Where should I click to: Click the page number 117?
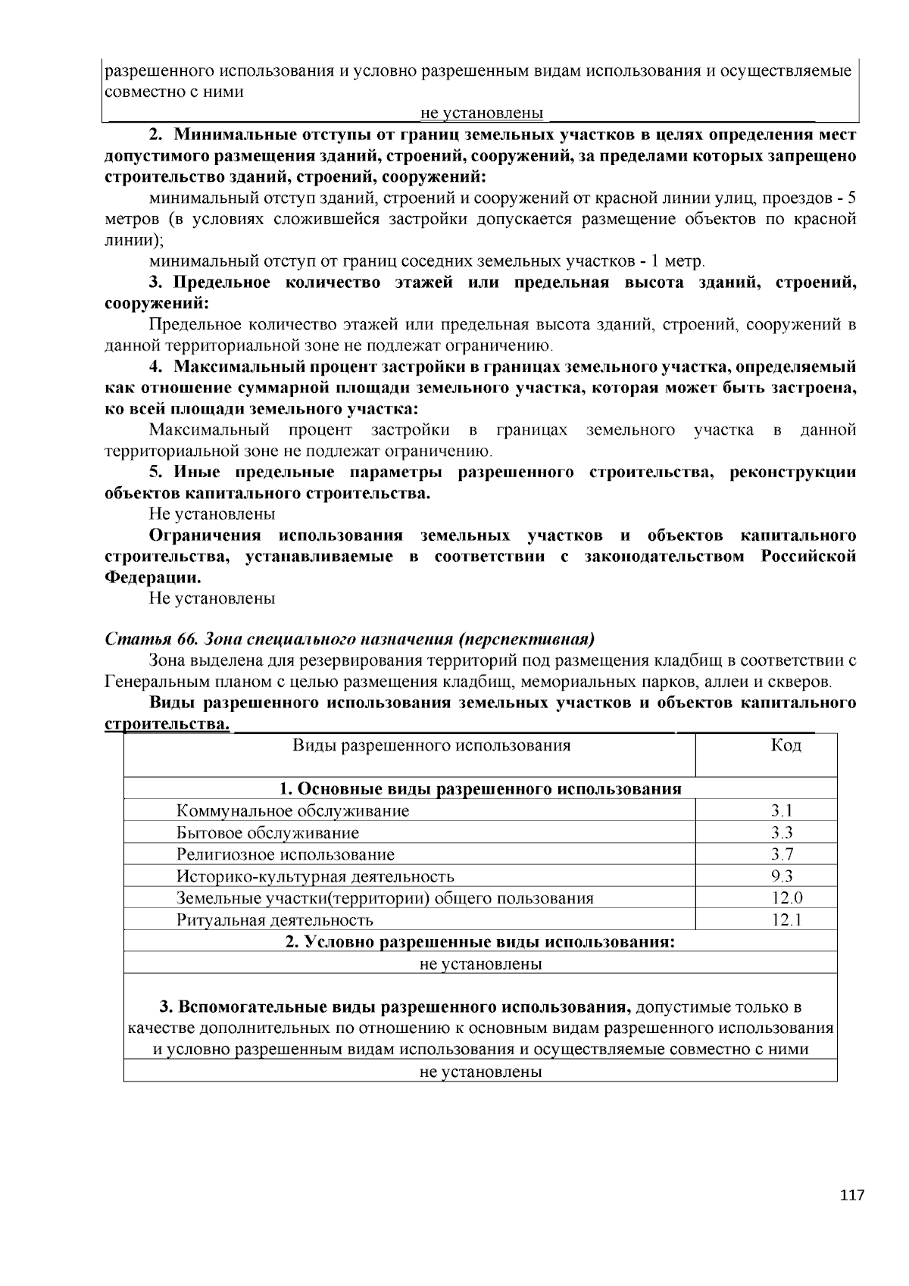point(851,1196)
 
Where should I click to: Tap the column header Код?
point(786,745)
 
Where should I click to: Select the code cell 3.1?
point(782,811)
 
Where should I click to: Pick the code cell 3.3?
point(782,833)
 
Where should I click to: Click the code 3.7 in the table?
point(782,855)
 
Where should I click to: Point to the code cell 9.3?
point(782,877)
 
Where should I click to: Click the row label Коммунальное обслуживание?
point(292,811)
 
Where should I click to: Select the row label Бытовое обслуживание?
point(267,833)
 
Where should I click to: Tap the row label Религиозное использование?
point(286,855)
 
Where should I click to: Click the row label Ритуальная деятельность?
point(274,921)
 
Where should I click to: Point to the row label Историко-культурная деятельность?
point(315,877)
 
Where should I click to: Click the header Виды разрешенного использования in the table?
point(431,745)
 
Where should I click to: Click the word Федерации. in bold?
point(152,577)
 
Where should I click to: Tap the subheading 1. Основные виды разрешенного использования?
point(480,789)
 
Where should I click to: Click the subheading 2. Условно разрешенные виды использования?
point(480,942)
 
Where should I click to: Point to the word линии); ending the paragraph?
point(133,241)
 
